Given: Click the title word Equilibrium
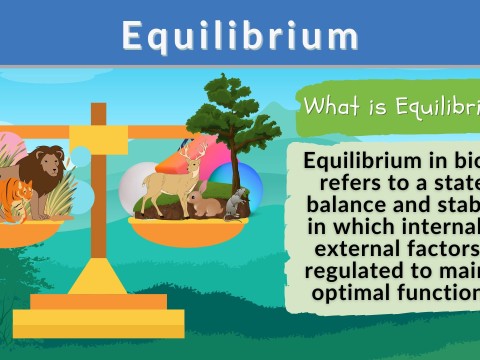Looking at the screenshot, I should tap(240, 36).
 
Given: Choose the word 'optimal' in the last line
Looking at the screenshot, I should tap(353, 293).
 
